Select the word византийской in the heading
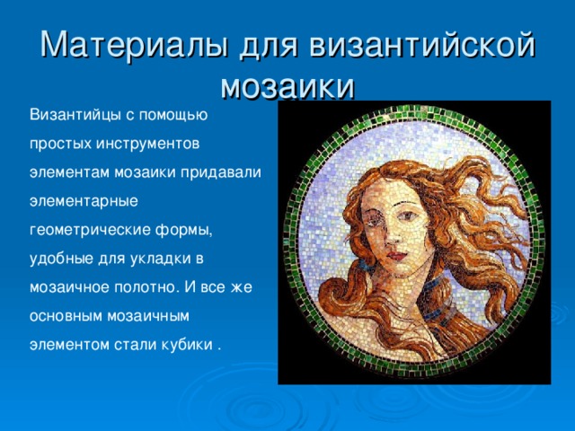tap(422, 45)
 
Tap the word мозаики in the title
tap(287, 86)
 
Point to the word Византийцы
tap(75, 116)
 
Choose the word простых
tap(60, 144)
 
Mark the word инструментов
tap(147, 144)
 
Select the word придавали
tap(221, 172)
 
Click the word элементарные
tap(84, 201)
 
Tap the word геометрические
tap(90, 230)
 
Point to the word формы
tap(183, 231)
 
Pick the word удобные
tap(61, 259)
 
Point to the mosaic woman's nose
tap(393, 234)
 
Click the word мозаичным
tap(147, 316)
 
